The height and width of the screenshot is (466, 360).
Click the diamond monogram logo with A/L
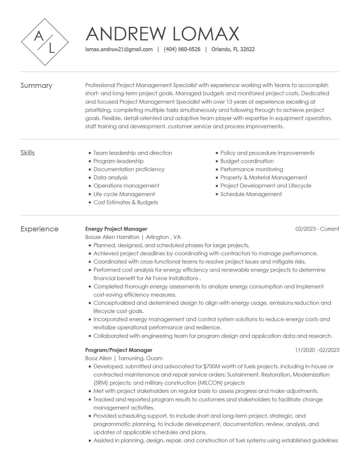pyautogui.click(x=45, y=42)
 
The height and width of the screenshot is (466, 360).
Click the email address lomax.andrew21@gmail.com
pyautogui.click(x=119, y=49)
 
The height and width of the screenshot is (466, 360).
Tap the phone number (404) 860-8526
pyautogui.click(x=182, y=49)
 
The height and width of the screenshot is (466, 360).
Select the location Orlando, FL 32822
pyautogui.click(x=233, y=49)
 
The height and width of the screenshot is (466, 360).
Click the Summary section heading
pyautogui.click(x=36, y=86)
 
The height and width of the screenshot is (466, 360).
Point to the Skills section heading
pyautogui.click(x=28, y=153)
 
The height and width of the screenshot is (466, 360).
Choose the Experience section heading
pyautogui.click(x=40, y=229)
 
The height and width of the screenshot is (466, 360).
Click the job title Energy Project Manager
pyautogui.click(x=116, y=229)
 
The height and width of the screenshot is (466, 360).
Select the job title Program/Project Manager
pyautogui.click(x=119, y=350)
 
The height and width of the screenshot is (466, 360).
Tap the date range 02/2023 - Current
pyautogui.click(x=317, y=229)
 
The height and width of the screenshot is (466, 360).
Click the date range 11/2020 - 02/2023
pyautogui.click(x=317, y=350)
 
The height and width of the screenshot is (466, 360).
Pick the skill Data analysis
pyautogui.click(x=110, y=178)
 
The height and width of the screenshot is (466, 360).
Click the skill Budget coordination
pyautogui.click(x=247, y=161)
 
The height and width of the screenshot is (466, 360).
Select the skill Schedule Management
pyautogui.click(x=251, y=194)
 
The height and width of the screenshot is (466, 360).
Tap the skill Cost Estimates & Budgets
pyautogui.click(x=126, y=202)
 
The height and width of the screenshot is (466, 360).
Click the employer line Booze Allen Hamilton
pyautogui.click(x=112, y=237)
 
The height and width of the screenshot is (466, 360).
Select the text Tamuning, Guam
pyautogui.click(x=140, y=358)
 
